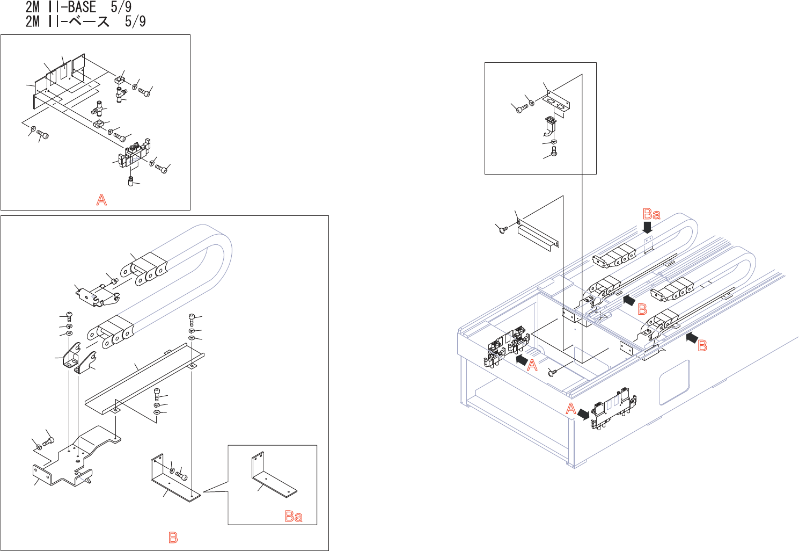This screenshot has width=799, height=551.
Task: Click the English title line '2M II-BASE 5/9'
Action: click(x=78, y=7)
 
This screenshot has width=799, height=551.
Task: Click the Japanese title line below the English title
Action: click(x=85, y=21)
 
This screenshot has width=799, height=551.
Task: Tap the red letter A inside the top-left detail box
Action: click(x=101, y=200)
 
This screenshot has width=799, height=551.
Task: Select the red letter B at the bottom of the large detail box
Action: click(x=173, y=537)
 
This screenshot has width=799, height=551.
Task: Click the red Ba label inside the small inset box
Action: click(x=294, y=516)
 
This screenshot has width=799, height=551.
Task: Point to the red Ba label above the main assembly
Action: click(x=651, y=214)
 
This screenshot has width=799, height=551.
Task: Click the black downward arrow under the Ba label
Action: click(x=648, y=228)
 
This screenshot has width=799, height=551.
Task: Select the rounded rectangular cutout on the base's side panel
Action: click(x=674, y=382)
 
